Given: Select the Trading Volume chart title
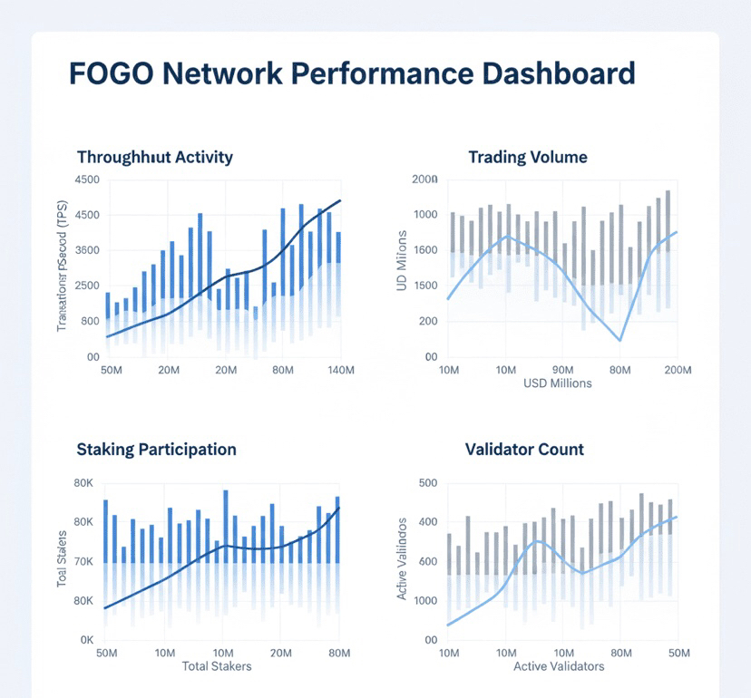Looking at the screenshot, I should (x=527, y=157).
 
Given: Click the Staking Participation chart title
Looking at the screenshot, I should (x=156, y=450).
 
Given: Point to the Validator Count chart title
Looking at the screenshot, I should (x=524, y=450).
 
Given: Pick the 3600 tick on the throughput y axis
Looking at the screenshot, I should (x=86, y=250).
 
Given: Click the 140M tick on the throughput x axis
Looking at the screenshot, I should (x=339, y=371).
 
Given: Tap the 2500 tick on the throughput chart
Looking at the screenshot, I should (x=86, y=286).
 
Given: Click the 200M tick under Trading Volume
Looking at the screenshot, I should (x=678, y=371).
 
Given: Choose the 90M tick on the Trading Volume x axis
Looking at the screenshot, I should (x=563, y=371).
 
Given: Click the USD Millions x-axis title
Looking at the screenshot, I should (x=557, y=383).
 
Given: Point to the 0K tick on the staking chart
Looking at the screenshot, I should (x=86, y=640).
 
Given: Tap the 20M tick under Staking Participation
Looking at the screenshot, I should (x=281, y=654).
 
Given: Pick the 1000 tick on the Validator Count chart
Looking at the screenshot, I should (x=422, y=601).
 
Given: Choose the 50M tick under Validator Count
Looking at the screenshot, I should (x=678, y=654).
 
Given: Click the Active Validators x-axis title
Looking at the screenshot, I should (x=558, y=666).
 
